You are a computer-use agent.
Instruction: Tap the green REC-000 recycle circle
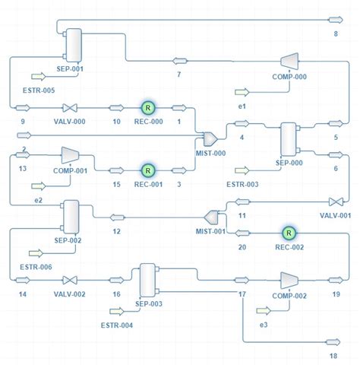[148, 108]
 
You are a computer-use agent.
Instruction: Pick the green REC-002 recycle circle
[288, 233]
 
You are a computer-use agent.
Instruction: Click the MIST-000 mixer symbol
[210, 138]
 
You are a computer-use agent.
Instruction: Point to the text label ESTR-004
[116, 326]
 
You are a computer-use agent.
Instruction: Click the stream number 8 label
[335, 34]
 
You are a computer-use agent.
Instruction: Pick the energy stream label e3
[264, 325]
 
